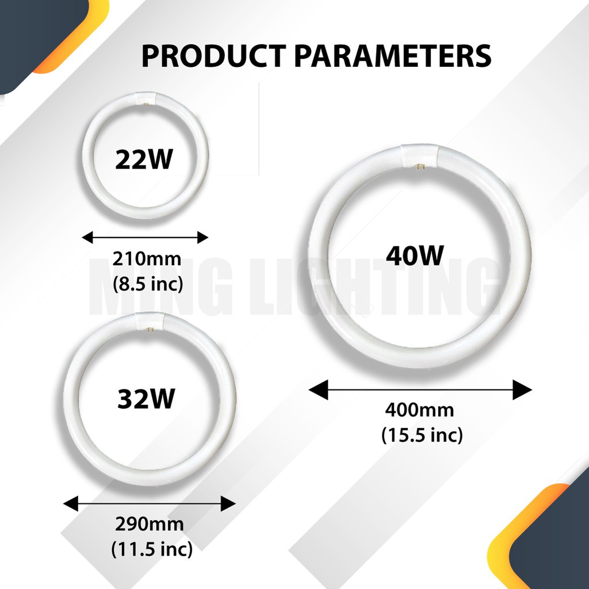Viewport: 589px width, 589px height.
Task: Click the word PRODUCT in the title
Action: [x=213, y=56]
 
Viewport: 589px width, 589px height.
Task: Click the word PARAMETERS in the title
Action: [x=393, y=56]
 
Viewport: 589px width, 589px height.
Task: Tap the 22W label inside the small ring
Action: [x=144, y=159]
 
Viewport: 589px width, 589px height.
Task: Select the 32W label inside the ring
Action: [x=146, y=399]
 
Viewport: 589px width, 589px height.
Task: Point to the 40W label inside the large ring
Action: [x=415, y=255]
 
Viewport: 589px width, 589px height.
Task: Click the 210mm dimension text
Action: [x=147, y=259]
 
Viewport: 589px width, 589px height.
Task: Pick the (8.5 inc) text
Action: [x=148, y=284]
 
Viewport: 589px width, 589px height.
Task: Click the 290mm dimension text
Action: [x=150, y=524]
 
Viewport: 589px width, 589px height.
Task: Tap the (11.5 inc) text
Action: [x=152, y=549]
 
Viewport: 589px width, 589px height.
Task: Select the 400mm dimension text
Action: [x=419, y=410]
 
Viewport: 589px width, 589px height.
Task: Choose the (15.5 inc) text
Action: [x=422, y=435]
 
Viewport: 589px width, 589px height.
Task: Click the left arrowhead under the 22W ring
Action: [x=87, y=238]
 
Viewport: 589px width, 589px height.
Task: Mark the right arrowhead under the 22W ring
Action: [x=203, y=238]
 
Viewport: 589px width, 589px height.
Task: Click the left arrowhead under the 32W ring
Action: [x=71, y=503]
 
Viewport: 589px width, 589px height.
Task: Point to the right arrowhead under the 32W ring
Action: [x=228, y=503]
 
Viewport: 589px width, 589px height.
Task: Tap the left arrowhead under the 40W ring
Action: [x=318, y=389]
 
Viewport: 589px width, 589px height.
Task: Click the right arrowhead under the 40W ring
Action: [x=522, y=389]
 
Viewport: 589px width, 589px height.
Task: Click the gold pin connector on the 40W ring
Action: [x=419, y=166]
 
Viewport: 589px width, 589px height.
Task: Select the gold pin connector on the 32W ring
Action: [x=150, y=330]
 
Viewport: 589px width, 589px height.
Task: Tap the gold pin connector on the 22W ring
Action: [x=146, y=104]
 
